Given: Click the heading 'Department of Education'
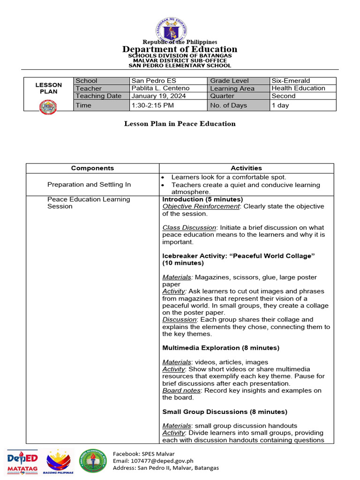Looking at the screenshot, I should [x=180, y=49].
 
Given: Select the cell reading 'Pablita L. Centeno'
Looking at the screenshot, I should [x=161, y=88].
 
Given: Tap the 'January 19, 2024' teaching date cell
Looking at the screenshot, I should [x=159, y=96].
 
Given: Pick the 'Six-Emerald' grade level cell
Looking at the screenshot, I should [x=291, y=81].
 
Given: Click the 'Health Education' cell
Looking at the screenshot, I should [x=298, y=88].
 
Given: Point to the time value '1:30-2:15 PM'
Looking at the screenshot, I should [x=153, y=105].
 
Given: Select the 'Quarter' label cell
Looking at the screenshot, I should [x=223, y=96].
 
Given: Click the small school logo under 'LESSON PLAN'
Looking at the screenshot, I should [x=48, y=107].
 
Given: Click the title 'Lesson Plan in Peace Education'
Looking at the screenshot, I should [x=180, y=124].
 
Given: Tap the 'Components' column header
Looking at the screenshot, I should [x=92, y=168].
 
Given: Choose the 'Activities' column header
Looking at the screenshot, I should [x=246, y=168].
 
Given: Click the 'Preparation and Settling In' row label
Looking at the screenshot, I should [x=89, y=185].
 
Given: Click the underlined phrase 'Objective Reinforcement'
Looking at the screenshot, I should [x=201, y=206].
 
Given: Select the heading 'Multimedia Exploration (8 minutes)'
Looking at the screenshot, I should [x=220, y=348].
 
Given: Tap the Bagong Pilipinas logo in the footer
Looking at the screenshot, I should [x=59, y=461].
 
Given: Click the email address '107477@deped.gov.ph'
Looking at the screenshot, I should [x=153, y=461].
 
